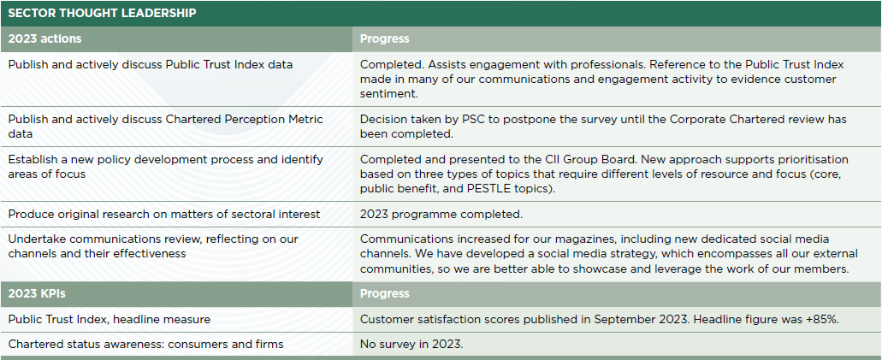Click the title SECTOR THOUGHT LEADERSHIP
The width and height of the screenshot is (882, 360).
click(102, 13)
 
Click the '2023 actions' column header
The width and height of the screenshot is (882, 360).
click(44, 38)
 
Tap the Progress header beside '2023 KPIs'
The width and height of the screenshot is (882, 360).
click(385, 293)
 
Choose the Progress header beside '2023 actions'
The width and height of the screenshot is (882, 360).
click(385, 38)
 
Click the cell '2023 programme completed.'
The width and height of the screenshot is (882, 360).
click(441, 215)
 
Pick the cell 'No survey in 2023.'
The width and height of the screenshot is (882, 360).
click(411, 345)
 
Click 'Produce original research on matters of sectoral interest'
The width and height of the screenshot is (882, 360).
click(163, 215)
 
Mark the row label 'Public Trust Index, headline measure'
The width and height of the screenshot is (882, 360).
click(110, 320)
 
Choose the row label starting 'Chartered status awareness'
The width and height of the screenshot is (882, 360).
click(145, 345)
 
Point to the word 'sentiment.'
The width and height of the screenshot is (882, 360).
click(388, 94)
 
